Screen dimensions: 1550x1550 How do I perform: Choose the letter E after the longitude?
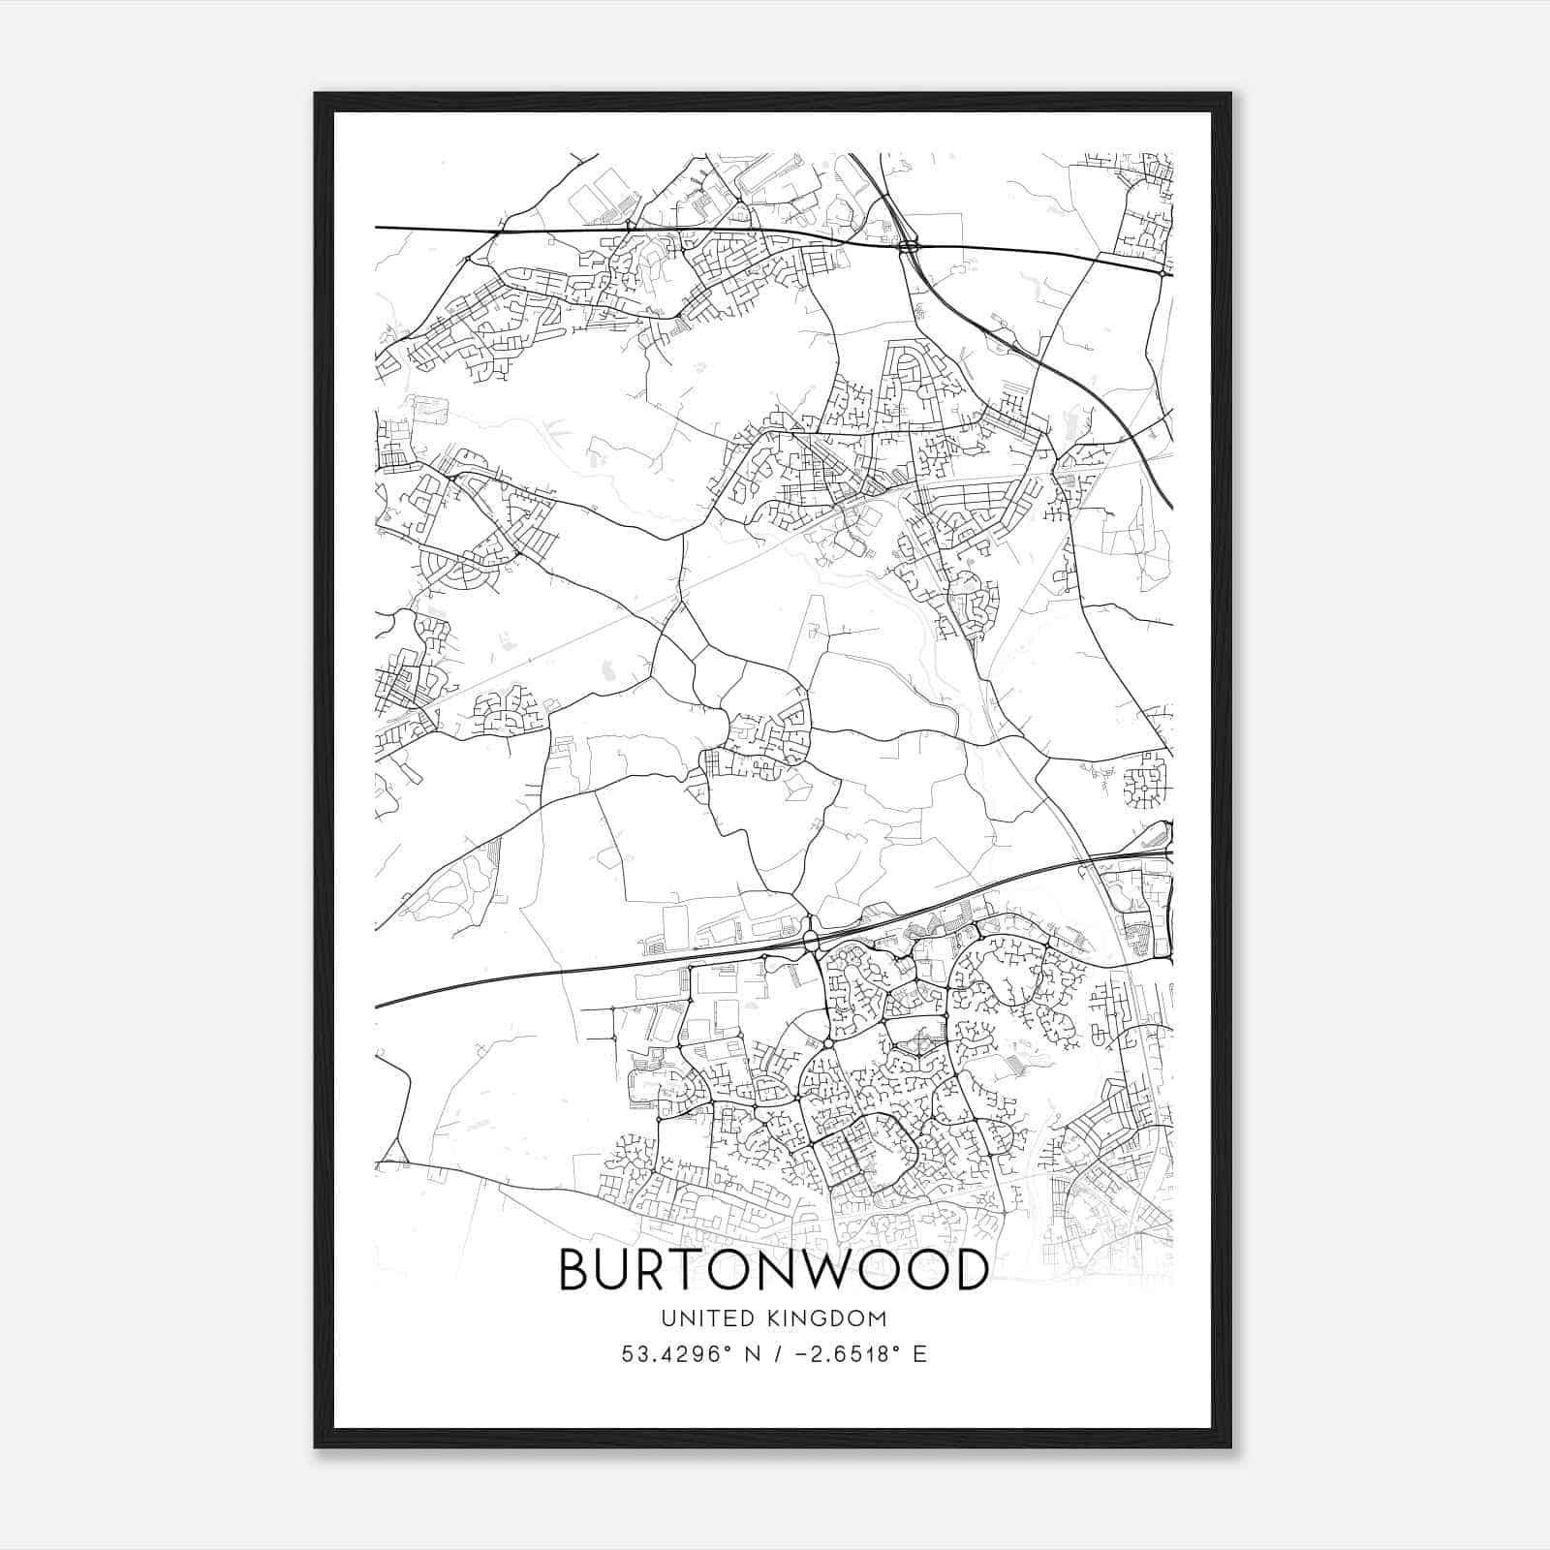point(918,1353)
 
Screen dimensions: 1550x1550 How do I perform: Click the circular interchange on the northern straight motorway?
point(909,247)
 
